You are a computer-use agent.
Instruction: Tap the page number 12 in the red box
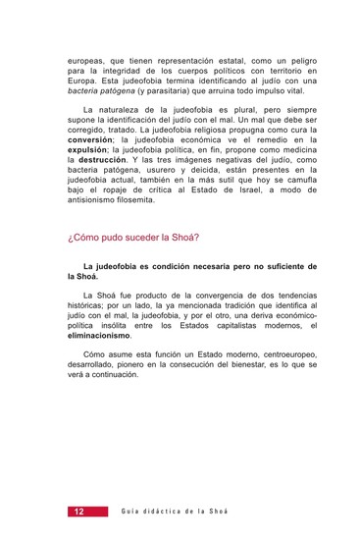pos(77,512)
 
